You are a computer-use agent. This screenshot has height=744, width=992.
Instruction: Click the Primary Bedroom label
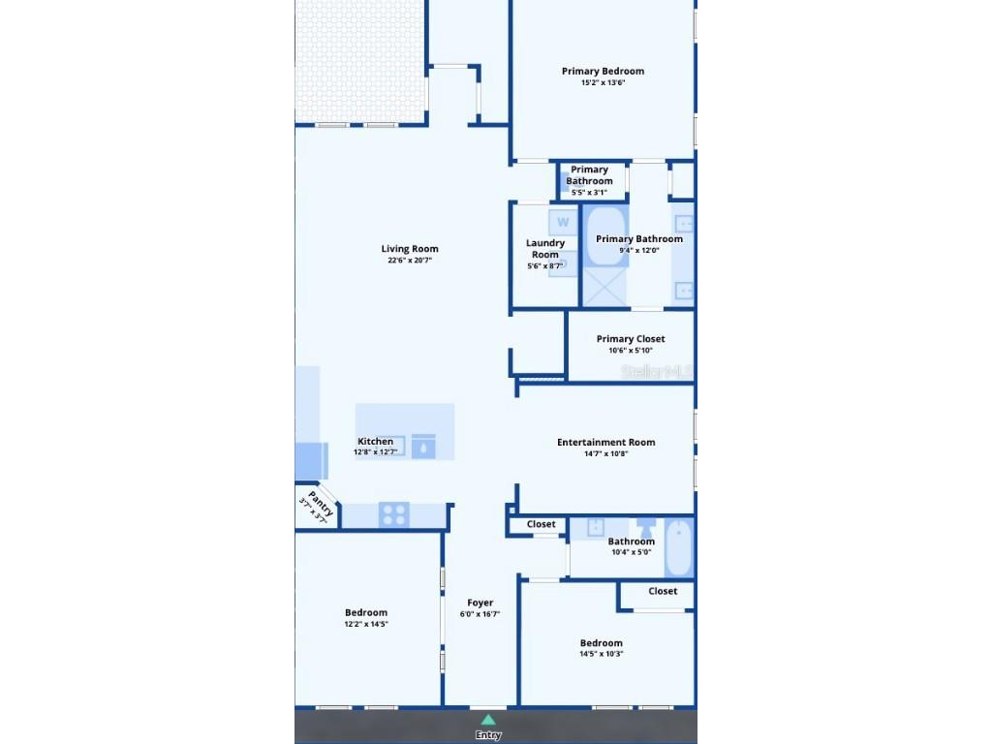pyautogui.click(x=603, y=71)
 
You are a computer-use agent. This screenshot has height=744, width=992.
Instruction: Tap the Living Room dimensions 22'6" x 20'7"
pyautogui.click(x=410, y=261)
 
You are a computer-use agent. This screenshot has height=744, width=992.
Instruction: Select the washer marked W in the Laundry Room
pyautogui.click(x=563, y=223)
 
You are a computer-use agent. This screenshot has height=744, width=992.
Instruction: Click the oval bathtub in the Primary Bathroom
pyautogui.click(x=606, y=237)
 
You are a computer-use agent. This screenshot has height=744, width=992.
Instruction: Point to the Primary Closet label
pyautogui.click(x=631, y=339)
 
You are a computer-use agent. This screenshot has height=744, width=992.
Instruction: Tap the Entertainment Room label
pyautogui.click(x=605, y=442)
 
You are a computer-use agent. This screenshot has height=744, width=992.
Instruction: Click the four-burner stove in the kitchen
pyautogui.click(x=393, y=515)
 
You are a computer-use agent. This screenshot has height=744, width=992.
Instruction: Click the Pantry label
pyautogui.click(x=321, y=504)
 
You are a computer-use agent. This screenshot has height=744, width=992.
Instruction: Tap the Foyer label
pyautogui.click(x=480, y=603)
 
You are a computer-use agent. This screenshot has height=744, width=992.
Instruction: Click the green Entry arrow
pyautogui.click(x=488, y=720)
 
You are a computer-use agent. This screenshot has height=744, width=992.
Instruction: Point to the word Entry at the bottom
pyautogui.click(x=488, y=735)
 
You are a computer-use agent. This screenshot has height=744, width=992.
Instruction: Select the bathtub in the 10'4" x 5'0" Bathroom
pyautogui.click(x=679, y=548)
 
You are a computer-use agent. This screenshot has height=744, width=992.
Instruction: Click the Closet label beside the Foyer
pyautogui.click(x=541, y=524)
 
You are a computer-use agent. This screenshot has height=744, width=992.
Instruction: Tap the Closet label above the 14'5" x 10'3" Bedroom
pyautogui.click(x=663, y=591)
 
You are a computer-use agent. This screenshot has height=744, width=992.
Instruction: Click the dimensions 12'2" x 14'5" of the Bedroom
pyautogui.click(x=366, y=624)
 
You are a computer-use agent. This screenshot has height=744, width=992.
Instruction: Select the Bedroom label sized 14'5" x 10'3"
pyautogui.click(x=601, y=643)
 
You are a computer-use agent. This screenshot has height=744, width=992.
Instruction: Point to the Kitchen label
pyautogui.click(x=375, y=441)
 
